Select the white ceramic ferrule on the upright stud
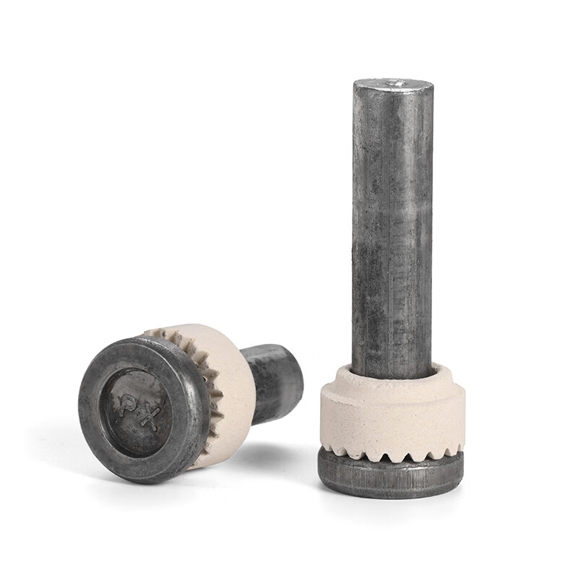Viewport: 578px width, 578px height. tap(390, 412)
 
